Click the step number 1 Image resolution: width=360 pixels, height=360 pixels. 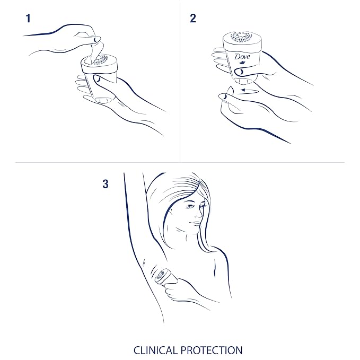[28, 19]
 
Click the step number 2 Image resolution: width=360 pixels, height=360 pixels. [193, 19]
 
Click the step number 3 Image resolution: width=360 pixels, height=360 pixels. [106, 184]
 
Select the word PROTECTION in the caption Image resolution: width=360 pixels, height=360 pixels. [212, 350]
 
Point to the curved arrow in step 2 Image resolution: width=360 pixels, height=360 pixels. [249, 91]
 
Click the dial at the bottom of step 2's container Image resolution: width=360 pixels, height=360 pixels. [244, 81]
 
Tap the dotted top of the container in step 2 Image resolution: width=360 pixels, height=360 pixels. [242, 37]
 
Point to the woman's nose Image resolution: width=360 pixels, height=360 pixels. [198, 214]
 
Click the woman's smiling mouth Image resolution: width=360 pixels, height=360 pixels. [195, 223]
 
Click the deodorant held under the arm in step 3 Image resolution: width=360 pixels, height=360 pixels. [165, 276]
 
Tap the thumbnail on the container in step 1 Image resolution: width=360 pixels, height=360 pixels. [98, 79]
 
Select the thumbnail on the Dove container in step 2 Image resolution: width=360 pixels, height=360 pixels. [241, 72]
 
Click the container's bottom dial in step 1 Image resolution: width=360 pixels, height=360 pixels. [103, 100]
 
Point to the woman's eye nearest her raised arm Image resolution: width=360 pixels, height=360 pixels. [190, 207]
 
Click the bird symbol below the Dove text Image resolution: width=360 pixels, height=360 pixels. [243, 63]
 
